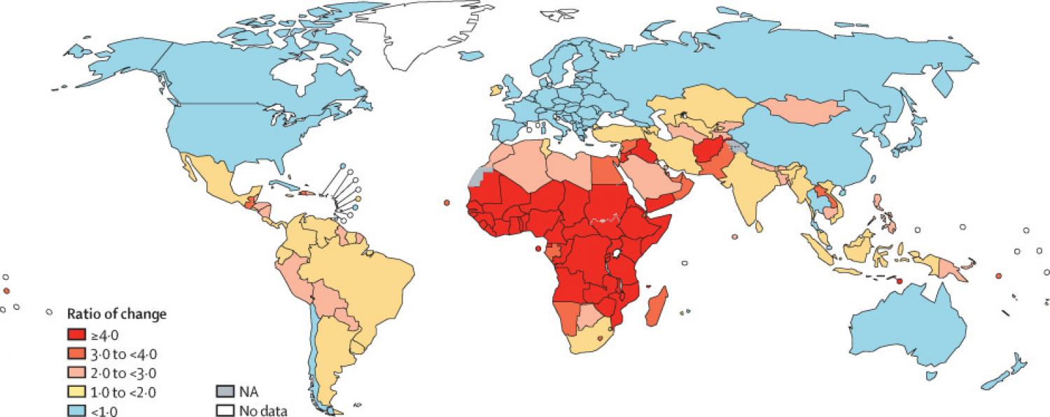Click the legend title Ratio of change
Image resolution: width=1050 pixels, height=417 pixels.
point(116,314)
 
